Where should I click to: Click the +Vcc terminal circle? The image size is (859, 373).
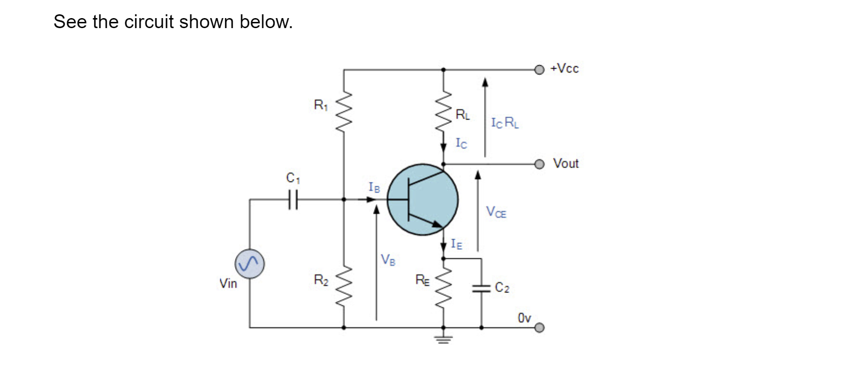[539, 70]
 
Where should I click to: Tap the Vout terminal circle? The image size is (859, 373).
[539, 164]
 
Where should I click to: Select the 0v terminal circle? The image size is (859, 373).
[539, 328]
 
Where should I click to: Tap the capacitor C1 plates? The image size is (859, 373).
[293, 199]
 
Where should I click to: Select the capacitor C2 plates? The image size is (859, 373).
[481, 288]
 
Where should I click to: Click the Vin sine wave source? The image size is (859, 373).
[249, 264]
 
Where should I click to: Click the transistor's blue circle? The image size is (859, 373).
[423, 199]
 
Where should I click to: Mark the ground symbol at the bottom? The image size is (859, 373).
[444, 339]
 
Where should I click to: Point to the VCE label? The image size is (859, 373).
[496, 212]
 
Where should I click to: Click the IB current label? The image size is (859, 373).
[375, 187]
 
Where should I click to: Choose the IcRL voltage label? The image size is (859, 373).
[505, 123]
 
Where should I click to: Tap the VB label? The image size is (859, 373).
[388, 260]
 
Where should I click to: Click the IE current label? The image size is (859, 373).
[456, 244]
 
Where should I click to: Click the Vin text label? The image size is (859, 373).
[228, 283]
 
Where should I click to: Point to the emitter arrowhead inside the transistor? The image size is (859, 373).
[436, 223]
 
